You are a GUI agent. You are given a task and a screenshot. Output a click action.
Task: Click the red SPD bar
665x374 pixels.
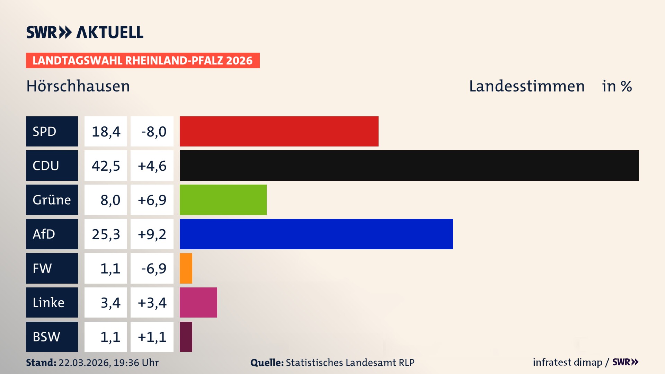click(279, 131)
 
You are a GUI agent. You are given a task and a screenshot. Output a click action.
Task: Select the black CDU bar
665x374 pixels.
click(409, 166)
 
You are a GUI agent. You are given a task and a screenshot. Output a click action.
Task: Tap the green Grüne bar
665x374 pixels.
click(223, 200)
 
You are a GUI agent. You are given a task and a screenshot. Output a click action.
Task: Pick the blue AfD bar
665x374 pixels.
click(316, 234)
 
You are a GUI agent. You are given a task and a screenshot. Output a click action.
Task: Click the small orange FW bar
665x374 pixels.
click(186, 268)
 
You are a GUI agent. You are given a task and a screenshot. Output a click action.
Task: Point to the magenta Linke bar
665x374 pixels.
click(198, 303)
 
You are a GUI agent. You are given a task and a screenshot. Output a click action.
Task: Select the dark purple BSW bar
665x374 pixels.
click(186, 337)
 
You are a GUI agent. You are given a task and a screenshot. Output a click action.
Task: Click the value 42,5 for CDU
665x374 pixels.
click(106, 166)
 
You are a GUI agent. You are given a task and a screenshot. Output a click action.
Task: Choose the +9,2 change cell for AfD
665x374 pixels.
click(152, 234)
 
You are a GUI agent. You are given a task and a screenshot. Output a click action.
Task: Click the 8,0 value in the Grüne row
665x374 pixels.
click(110, 200)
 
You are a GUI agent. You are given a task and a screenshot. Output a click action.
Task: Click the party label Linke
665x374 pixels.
click(48, 303)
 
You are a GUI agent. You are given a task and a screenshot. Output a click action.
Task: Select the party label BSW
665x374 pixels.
click(46, 337)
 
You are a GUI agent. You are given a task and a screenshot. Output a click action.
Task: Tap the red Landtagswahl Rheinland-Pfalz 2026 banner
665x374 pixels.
click(143, 61)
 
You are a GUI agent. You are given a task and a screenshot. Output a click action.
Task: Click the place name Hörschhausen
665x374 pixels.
click(78, 86)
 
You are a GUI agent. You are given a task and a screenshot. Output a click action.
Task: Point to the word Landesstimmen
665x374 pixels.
click(526, 86)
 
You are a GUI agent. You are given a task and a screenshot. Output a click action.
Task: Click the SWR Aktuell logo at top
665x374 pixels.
click(85, 32)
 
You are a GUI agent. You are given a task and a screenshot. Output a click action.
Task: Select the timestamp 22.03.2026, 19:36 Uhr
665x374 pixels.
click(108, 363)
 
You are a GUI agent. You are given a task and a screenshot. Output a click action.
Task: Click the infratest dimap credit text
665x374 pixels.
click(567, 362)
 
